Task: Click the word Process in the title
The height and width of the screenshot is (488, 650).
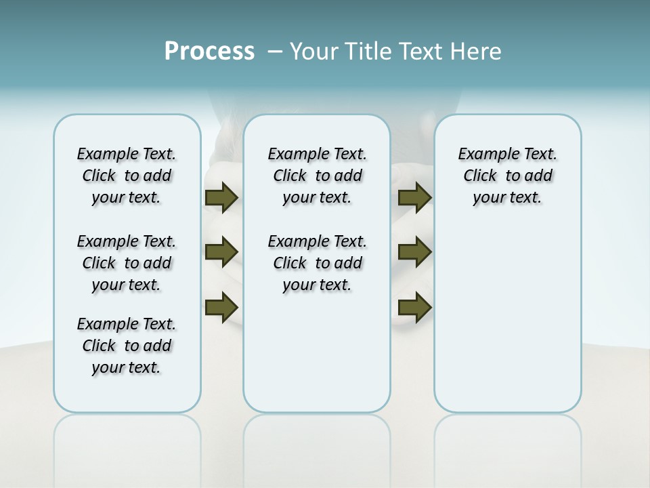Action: pos(209,51)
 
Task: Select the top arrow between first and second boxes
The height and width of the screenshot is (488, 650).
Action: pos(221,197)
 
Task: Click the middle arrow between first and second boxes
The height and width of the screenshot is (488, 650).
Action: pos(221,252)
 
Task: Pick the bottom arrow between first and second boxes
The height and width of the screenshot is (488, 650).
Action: pos(221,307)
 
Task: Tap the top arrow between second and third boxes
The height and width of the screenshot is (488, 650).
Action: pos(414,197)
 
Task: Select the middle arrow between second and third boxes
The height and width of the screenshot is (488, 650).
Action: pos(414,252)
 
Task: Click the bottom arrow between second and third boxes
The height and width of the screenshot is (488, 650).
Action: pos(414,307)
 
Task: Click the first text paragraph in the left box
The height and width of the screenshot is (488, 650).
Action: pos(127,176)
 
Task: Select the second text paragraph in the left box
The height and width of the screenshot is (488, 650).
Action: pos(127,263)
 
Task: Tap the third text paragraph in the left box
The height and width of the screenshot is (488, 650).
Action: pos(127,346)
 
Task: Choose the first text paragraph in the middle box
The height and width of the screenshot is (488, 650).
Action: pos(317,176)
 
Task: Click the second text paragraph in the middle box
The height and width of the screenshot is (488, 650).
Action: pos(317,263)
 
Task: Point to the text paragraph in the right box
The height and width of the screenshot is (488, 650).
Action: pos(507,176)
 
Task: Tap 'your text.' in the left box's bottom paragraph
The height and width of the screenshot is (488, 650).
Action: pos(127,367)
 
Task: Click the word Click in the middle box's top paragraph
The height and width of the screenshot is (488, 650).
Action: pos(290,176)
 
